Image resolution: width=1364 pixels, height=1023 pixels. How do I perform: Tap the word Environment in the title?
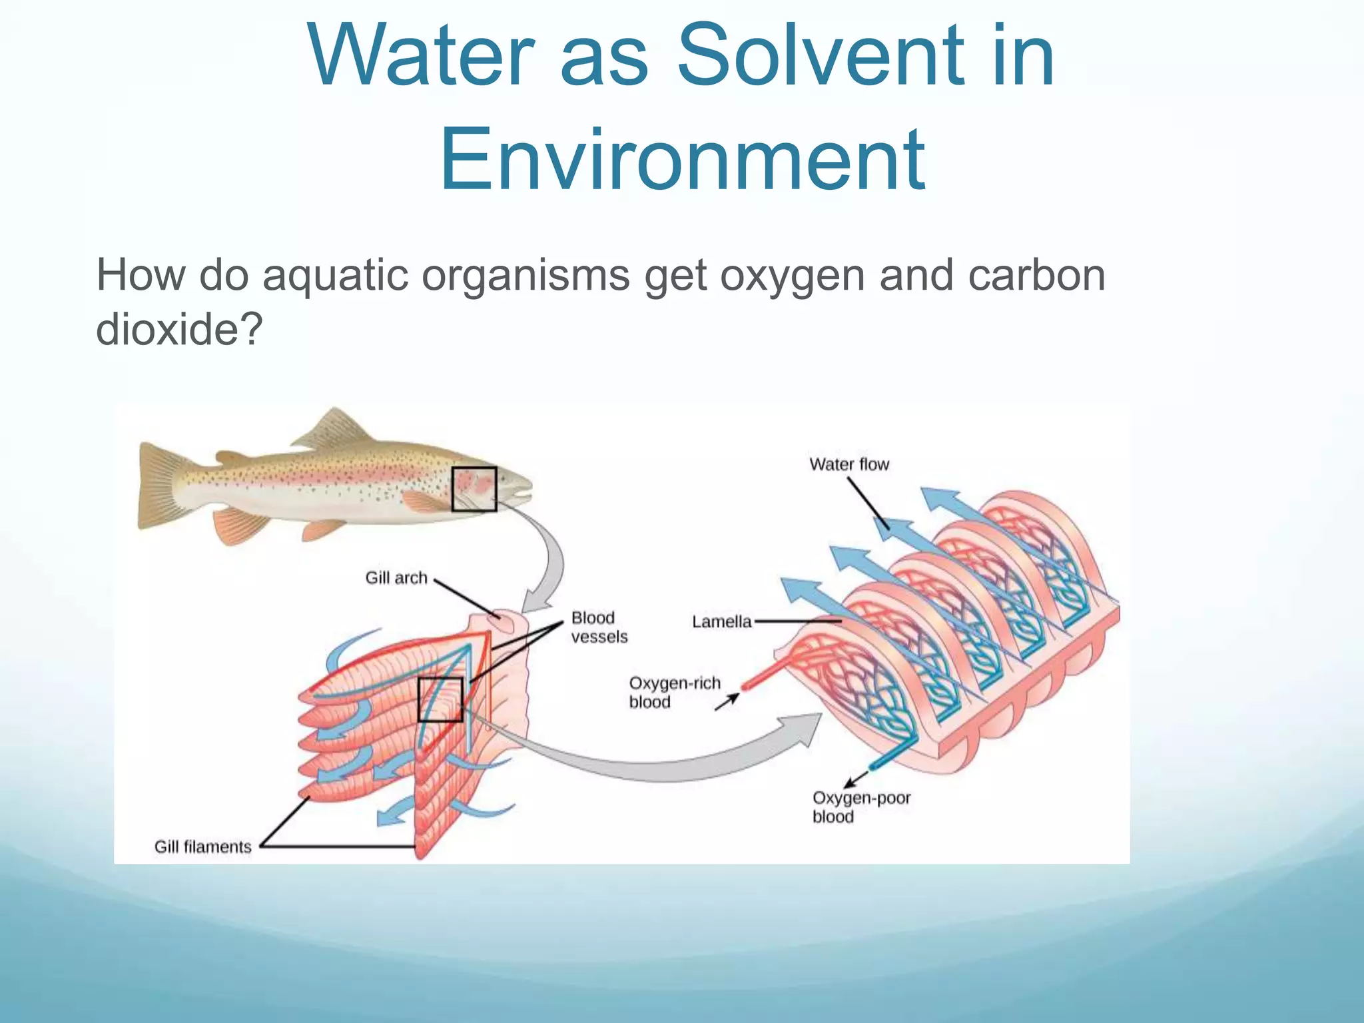(682, 160)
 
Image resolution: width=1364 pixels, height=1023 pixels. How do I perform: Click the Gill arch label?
(396, 577)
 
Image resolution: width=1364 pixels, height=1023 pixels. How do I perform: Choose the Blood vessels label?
(599, 627)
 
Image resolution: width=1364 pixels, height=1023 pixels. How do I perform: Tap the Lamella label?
(721, 621)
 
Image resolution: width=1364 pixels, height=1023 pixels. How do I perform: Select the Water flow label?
(849, 464)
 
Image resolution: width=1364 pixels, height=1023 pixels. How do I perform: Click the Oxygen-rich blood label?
(674, 693)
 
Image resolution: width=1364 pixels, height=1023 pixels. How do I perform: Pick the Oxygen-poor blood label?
(860, 807)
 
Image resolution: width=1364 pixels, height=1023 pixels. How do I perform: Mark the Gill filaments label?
(203, 847)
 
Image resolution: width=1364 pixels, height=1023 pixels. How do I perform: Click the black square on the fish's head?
(474, 490)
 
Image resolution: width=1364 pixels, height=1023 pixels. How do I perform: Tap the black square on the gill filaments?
(440, 699)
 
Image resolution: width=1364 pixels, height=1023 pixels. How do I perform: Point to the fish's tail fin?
(160, 486)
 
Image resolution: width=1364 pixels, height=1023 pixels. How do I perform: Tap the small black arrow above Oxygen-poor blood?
(856, 778)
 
